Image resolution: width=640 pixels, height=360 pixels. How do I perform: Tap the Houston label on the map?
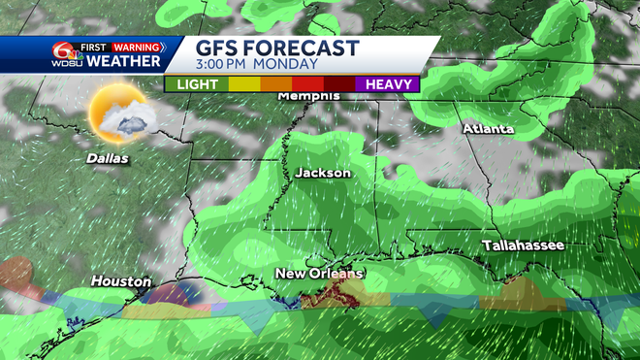121,281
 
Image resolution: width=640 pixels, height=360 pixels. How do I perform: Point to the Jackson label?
323,173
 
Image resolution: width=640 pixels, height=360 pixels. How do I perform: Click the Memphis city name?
308,96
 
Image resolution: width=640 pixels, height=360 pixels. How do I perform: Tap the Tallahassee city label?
524,246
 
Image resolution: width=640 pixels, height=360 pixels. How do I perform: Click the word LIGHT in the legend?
197,84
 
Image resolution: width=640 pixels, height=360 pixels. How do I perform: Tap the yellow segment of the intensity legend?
244,84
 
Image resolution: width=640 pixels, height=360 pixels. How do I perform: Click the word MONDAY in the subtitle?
290,65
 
